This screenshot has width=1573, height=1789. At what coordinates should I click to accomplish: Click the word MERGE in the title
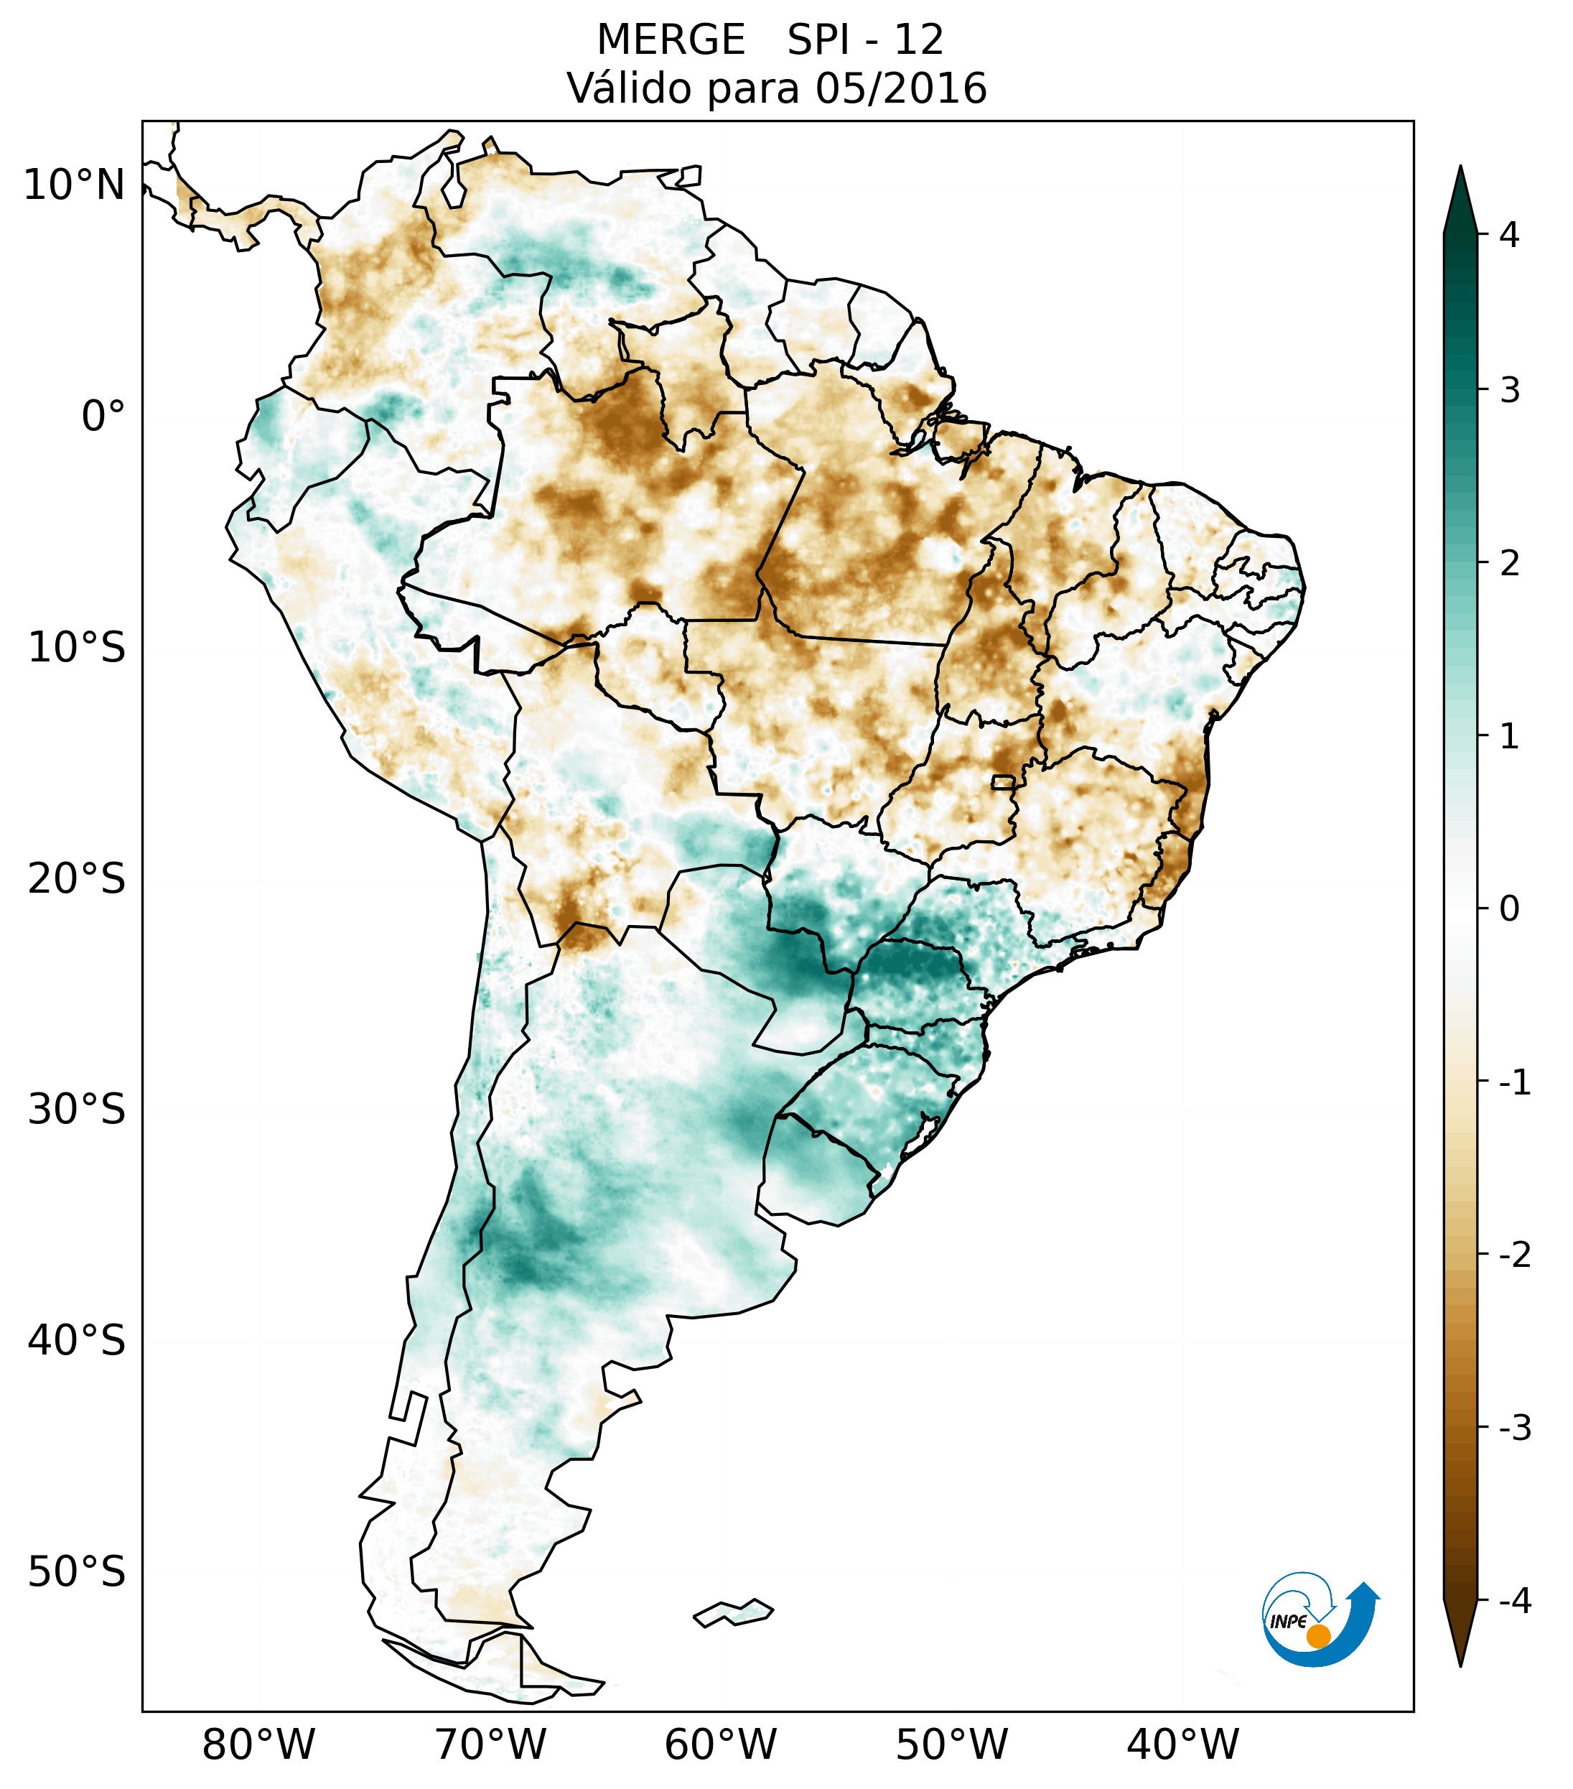[x=671, y=40]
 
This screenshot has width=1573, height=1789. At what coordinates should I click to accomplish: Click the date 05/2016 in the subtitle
[x=900, y=88]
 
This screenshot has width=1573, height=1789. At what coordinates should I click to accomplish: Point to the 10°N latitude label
[x=75, y=185]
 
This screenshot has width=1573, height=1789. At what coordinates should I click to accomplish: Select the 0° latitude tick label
[x=103, y=417]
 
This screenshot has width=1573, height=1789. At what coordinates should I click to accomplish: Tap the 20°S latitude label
[x=77, y=879]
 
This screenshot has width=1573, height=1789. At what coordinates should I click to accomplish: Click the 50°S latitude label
[x=77, y=1572]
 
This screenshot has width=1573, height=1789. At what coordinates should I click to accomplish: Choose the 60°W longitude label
[x=720, y=1744]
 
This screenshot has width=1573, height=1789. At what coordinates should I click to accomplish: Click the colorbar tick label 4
[x=1509, y=235]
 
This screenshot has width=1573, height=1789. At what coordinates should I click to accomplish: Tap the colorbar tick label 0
[x=1509, y=909]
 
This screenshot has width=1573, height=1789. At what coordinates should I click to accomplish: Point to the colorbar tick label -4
[x=1514, y=1601]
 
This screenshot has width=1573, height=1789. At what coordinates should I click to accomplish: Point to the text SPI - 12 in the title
[x=865, y=40]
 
